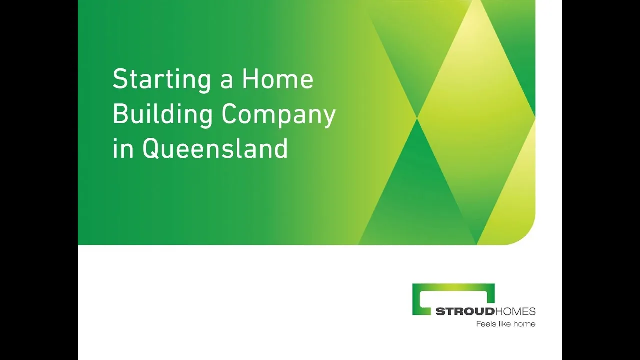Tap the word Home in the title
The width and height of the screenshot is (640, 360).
[278, 78]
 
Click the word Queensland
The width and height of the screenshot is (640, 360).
[215, 148]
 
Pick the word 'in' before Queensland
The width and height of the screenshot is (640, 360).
[123, 148]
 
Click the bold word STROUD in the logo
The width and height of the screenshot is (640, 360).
[465, 311]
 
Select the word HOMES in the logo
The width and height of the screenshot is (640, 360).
[515, 311]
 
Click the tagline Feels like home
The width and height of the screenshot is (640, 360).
[505, 324]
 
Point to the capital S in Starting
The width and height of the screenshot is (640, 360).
[120, 78]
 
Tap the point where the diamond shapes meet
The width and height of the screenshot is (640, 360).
[417, 118]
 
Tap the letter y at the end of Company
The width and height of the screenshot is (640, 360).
[329, 119]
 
